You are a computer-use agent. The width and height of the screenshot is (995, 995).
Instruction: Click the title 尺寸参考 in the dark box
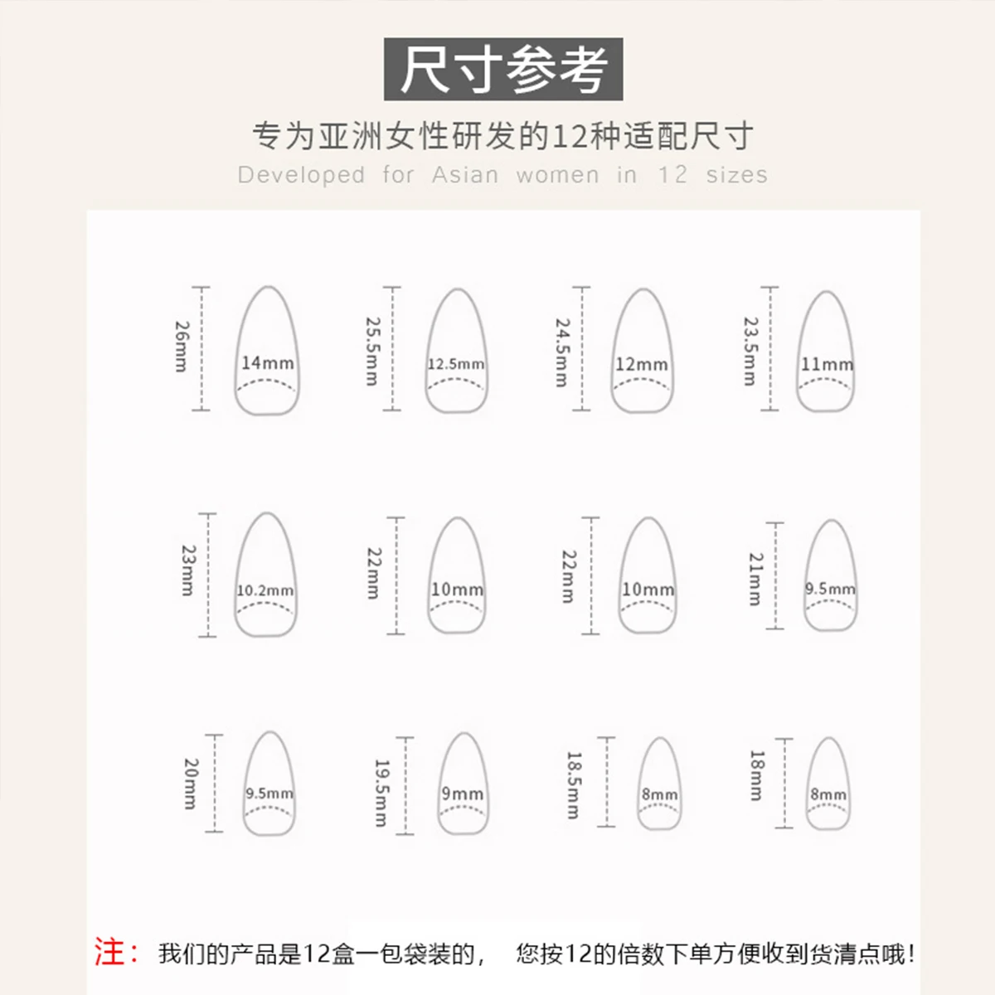(503, 70)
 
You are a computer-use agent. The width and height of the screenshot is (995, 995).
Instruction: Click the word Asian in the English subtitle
(465, 175)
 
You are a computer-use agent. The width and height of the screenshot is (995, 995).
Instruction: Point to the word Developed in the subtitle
(301, 175)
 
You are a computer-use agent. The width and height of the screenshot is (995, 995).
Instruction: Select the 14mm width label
(267, 363)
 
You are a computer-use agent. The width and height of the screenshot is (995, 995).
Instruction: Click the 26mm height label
(182, 347)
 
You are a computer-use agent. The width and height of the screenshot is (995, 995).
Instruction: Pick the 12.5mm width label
(456, 364)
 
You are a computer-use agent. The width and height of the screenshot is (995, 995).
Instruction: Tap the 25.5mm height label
(372, 351)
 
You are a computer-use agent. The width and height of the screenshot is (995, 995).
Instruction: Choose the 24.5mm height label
(561, 352)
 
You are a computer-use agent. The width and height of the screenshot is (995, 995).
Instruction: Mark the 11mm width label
(826, 364)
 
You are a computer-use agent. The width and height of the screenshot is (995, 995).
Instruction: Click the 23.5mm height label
(750, 351)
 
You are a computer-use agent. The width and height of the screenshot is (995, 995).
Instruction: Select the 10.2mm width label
(265, 590)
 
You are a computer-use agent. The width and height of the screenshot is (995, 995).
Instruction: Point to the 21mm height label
(755, 579)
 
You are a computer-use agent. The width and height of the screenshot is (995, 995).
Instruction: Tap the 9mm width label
(462, 794)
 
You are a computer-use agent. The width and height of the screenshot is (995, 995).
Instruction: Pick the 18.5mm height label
(573, 784)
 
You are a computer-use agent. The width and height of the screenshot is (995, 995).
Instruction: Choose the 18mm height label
(756, 775)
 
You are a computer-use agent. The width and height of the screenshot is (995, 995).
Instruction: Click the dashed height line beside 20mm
(215, 783)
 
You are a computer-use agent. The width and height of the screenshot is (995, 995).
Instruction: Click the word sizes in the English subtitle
(736, 175)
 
